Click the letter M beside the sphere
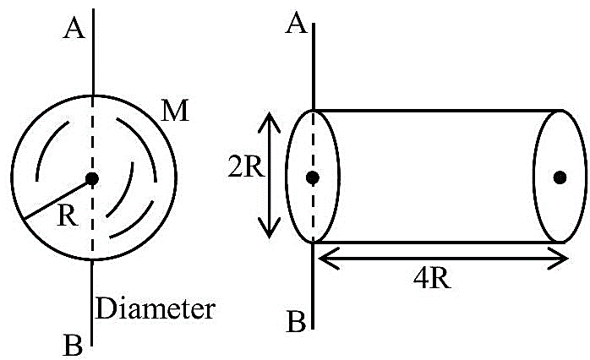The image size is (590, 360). (175, 111)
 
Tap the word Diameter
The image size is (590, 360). (156, 308)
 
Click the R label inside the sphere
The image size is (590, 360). (68, 216)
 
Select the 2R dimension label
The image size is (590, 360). (247, 167)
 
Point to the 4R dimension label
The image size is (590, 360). (432, 279)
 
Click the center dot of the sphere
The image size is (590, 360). (92, 178)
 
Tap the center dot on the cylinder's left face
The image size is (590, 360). (313, 177)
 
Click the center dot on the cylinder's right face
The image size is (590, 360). (560, 177)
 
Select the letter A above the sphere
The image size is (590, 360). (74, 29)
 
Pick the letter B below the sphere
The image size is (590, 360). (73, 345)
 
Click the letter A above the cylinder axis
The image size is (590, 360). (296, 25)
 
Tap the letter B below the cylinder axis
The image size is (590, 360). (296, 322)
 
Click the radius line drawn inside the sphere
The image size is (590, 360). (57, 199)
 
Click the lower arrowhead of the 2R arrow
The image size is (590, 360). (269, 228)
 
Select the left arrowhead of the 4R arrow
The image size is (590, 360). (328, 259)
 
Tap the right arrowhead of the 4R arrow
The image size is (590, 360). (559, 259)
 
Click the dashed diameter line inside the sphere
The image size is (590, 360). (93, 177)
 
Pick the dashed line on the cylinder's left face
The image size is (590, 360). (313, 176)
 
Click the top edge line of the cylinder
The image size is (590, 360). (438, 111)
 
